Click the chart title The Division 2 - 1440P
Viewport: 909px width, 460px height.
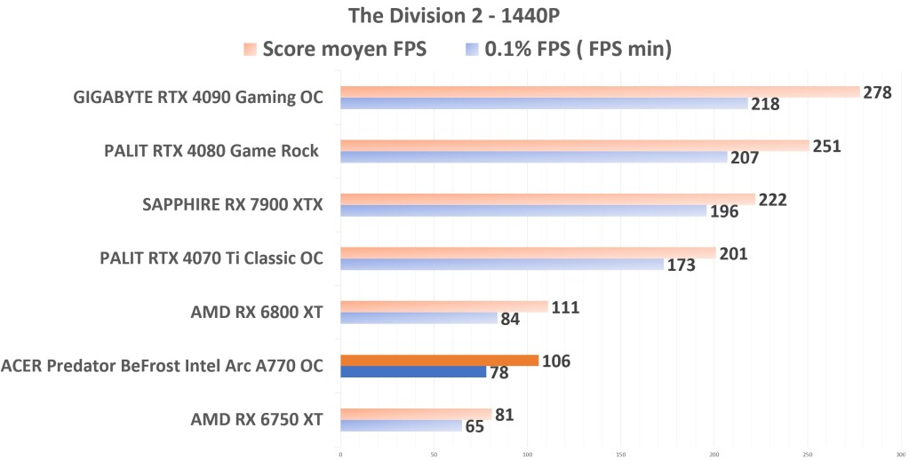(x=454, y=16)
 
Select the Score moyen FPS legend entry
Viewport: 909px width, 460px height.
(x=335, y=49)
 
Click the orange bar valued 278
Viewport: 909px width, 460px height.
(x=600, y=91)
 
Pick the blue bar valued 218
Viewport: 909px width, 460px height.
(x=544, y=104)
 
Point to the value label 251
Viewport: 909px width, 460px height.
(x=825, y=146)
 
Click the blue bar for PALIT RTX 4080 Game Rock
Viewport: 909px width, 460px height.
(x=533, y=157)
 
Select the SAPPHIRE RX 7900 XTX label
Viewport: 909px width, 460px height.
(x=232, y=205)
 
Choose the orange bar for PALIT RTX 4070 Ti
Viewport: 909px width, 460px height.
(x=528, y=253)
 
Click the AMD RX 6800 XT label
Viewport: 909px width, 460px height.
(x=256, y=312)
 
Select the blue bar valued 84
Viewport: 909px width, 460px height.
(x=419, y=318)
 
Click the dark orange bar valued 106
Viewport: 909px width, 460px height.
(x=439, y=360)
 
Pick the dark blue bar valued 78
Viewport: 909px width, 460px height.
(x=413, y=371)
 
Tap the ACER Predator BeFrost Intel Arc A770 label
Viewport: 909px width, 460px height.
(x=162, y=365)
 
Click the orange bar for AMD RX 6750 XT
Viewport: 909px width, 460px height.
(x=416, y=413)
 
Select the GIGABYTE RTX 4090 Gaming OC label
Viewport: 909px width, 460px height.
(x=197, y=98)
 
